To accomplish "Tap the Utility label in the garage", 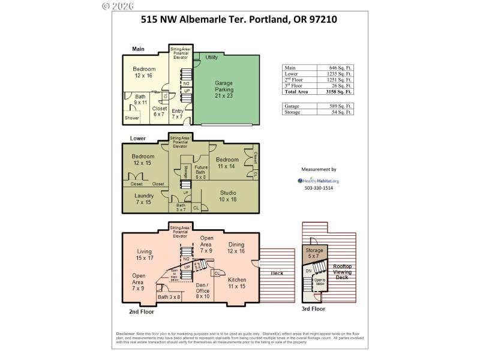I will [211, 58].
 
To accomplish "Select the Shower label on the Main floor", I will [131, 118].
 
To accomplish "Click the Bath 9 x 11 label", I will [140, 100].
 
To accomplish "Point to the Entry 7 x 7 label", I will [178, 114].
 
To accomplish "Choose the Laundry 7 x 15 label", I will [144, 199].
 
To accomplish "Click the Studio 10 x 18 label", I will [228, 196].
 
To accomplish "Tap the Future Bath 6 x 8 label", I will [200, 173].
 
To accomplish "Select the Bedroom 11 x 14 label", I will [227, 163].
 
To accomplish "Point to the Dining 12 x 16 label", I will [236, 248].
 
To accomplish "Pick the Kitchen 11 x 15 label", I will [237, 283].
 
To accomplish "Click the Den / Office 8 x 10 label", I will [203, 290].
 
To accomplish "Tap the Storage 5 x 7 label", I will [314, 253].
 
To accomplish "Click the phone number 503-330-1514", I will [318, 188].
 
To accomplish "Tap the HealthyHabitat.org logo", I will [319, 180].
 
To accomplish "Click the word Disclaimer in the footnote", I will [128, 334].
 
